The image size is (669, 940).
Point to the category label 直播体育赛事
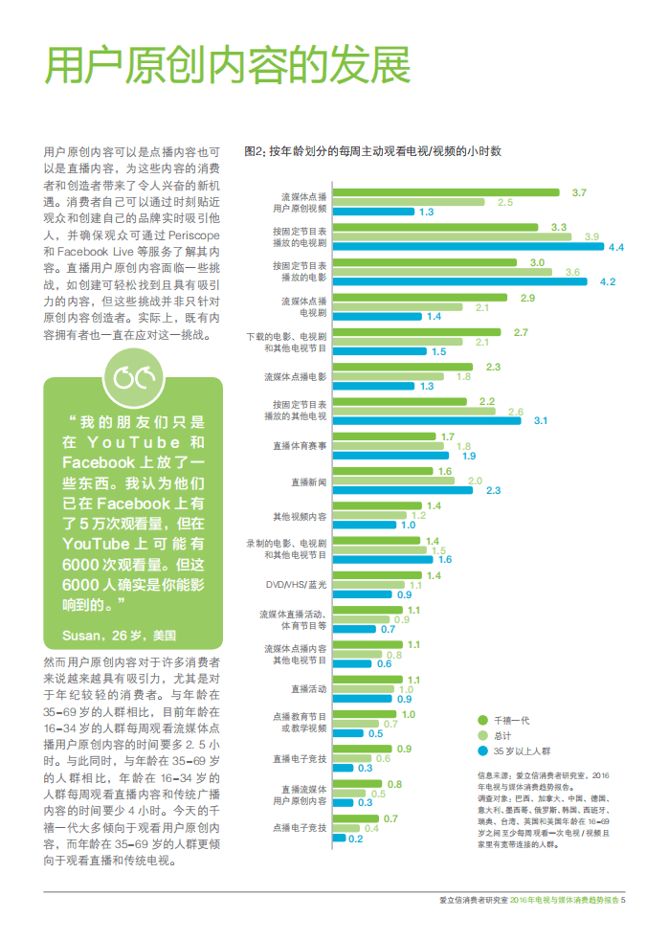tap(300, 445)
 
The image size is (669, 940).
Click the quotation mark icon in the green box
tap(133, 378)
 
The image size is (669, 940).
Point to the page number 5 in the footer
tap(623, 899)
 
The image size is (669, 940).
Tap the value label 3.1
tap(540, 420)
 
